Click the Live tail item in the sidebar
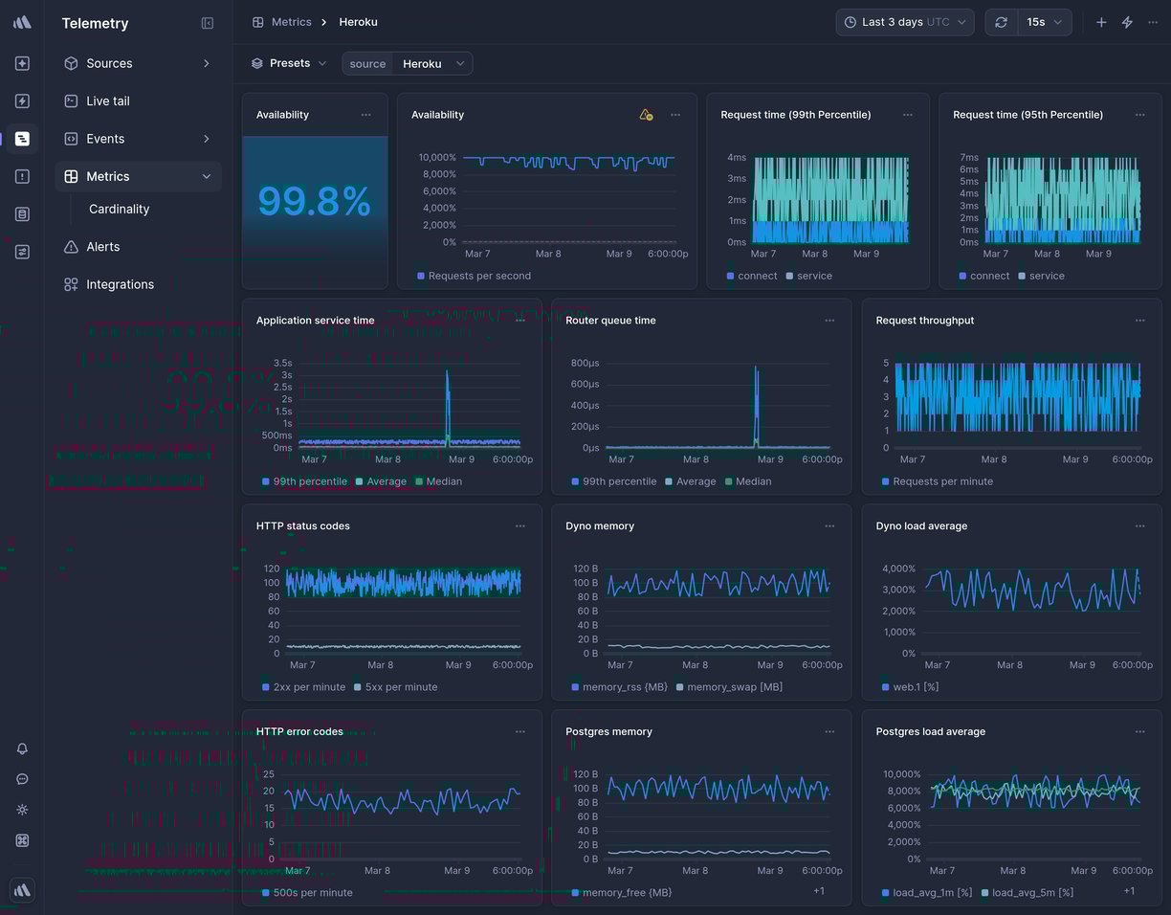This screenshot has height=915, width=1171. pyautogui.click(x=107, y=101)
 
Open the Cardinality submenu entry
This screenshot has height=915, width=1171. pyautogui.click(x=119, y=210)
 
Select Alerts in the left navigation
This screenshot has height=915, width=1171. pyautogui.click(x=102, y=247)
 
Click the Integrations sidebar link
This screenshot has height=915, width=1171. pyautogui.click(x=120, y=284)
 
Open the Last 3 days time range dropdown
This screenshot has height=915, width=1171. pyautogui.click(x=904, y=22)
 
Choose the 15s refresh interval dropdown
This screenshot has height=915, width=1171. pyautogui.click(x=1045, y=22)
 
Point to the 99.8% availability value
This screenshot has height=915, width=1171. pyautogui.click(x=314, y=202)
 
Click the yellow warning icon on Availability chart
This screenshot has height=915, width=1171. pyautogui.click(x=646, y=115)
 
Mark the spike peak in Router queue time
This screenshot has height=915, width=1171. pyautogui.click(x=756, y=368)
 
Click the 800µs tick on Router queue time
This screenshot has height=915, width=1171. pyautogui.click(x=585, y=363)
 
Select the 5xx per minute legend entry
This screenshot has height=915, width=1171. pyautogui.click(x=401, y=687)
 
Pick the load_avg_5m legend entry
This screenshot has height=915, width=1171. pyautogui.click(x=1032, y=893)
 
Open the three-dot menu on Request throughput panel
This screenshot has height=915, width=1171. pyautogui.click(x=1139, y=321)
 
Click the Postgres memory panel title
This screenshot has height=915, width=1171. pyautogui.click(x=608, y=732)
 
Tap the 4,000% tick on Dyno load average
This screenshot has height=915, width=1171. pyautogui.click(x=898, y=569)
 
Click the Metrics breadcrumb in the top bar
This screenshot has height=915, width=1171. pyautogui.click(x=291, y=22)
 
